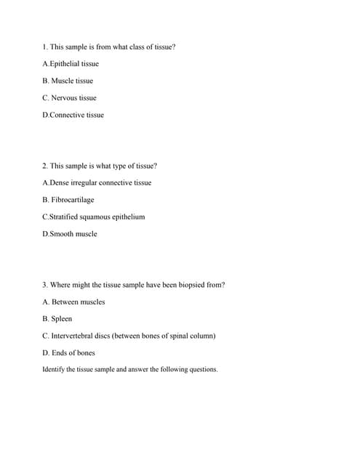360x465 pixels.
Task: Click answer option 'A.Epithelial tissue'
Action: point(71,64)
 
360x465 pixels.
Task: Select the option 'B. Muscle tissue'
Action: point(68,81)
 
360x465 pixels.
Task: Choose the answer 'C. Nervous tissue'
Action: point(69,97)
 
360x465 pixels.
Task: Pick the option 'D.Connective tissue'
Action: point(73,115)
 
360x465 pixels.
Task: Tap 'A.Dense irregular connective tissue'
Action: point(97,182)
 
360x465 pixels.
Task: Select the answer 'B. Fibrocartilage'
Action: point(68,200)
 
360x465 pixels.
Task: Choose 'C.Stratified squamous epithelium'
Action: point(94,217)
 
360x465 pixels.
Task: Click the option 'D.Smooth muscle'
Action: point(70,234)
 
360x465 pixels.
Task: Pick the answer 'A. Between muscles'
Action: point(73,302)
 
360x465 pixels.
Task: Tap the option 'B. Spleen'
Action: point(57,319)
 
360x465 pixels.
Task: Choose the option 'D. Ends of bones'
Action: point(68,353)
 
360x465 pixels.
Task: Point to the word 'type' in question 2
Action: point(115,166)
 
